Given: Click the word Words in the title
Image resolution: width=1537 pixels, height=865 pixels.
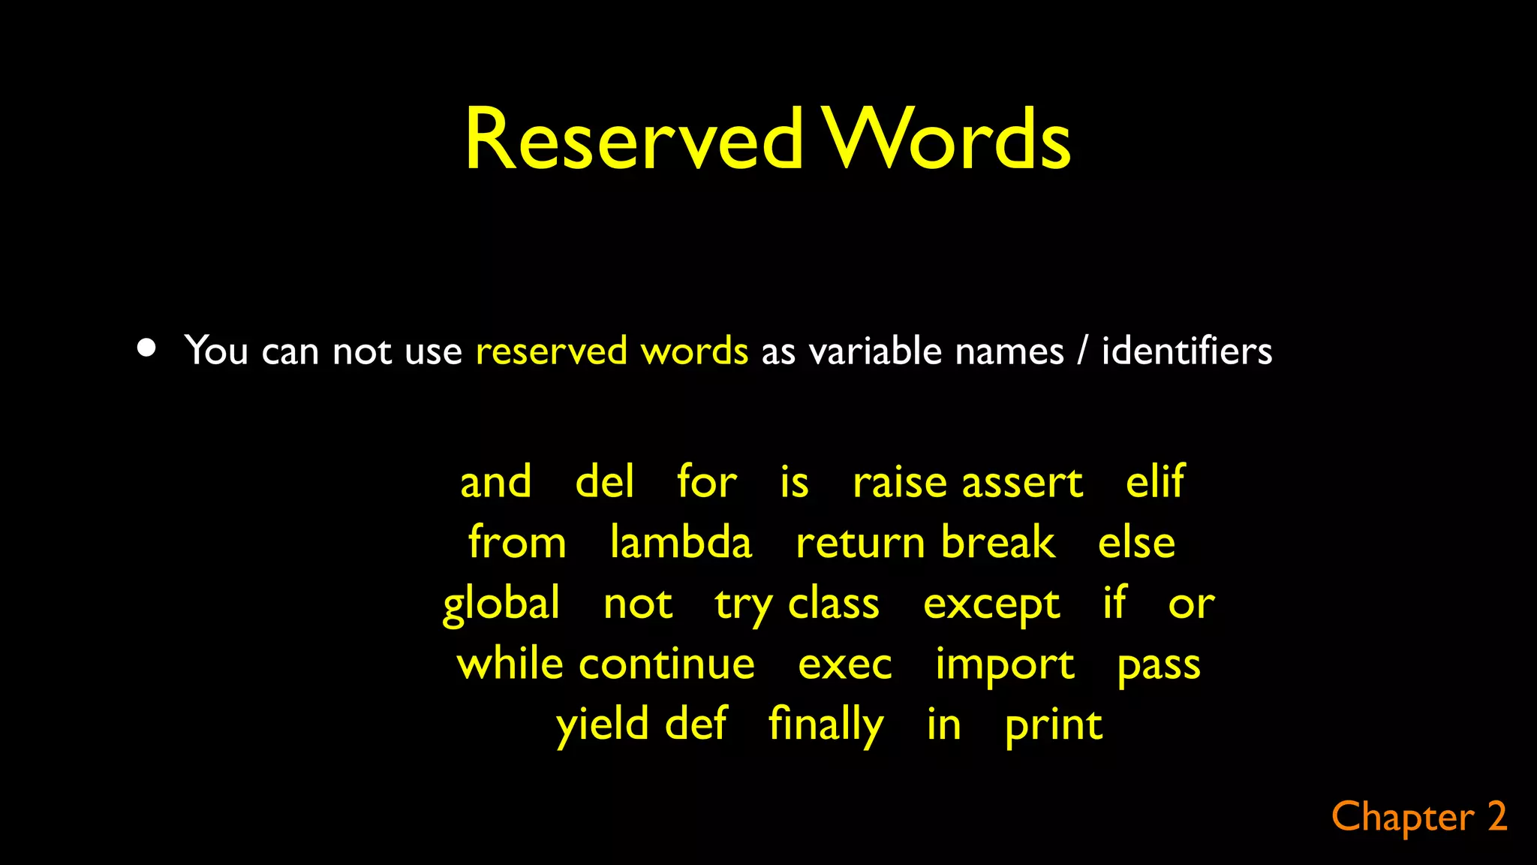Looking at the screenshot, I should click(947, 140).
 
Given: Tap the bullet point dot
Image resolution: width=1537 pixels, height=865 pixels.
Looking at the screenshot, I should click(147, 348).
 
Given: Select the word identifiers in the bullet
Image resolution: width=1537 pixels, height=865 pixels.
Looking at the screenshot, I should click(1187, 351).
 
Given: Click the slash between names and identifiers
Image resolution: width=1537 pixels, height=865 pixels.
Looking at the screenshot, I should click(1081, 351).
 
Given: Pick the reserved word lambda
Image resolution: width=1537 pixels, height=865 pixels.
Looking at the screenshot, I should click(681, 542).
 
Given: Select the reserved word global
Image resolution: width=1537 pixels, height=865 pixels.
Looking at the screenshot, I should click(501, 604).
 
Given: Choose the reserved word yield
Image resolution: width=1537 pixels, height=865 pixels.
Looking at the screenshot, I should click(602, 725).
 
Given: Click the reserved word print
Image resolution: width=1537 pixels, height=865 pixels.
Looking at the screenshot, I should click(1054, 726).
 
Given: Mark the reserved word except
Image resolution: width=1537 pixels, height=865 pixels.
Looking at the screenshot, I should click(991, 604).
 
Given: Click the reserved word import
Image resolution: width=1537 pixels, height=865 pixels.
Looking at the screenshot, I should click(1004, 665).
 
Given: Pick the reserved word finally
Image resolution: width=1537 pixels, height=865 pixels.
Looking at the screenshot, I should click(826, 725).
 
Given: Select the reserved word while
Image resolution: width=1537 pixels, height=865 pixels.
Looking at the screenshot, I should click(510, 665).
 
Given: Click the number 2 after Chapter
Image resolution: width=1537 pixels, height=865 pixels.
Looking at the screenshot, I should click(1497, 817).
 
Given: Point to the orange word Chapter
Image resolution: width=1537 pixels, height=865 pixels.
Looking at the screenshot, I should click(1403, 818).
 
